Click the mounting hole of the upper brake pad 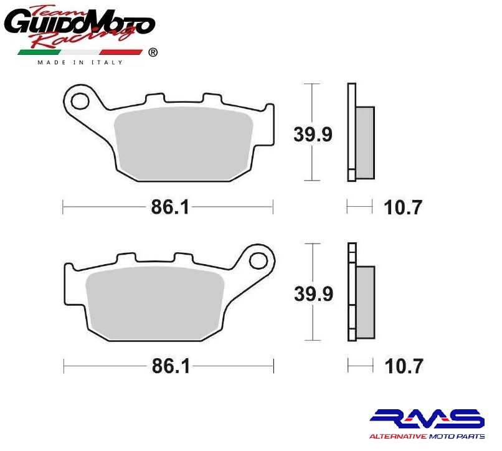pos(80,101)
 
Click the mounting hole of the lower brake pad pos(258,261)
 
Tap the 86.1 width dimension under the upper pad pos(170,207)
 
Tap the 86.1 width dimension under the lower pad pos(171,366)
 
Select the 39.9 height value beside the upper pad pos(313,134)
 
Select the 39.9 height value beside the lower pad pos(314,294)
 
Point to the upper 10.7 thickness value pos(403,207)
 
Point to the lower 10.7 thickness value pos(404,366)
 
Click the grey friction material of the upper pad pos(184,143)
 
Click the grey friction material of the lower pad pos(155,303)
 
